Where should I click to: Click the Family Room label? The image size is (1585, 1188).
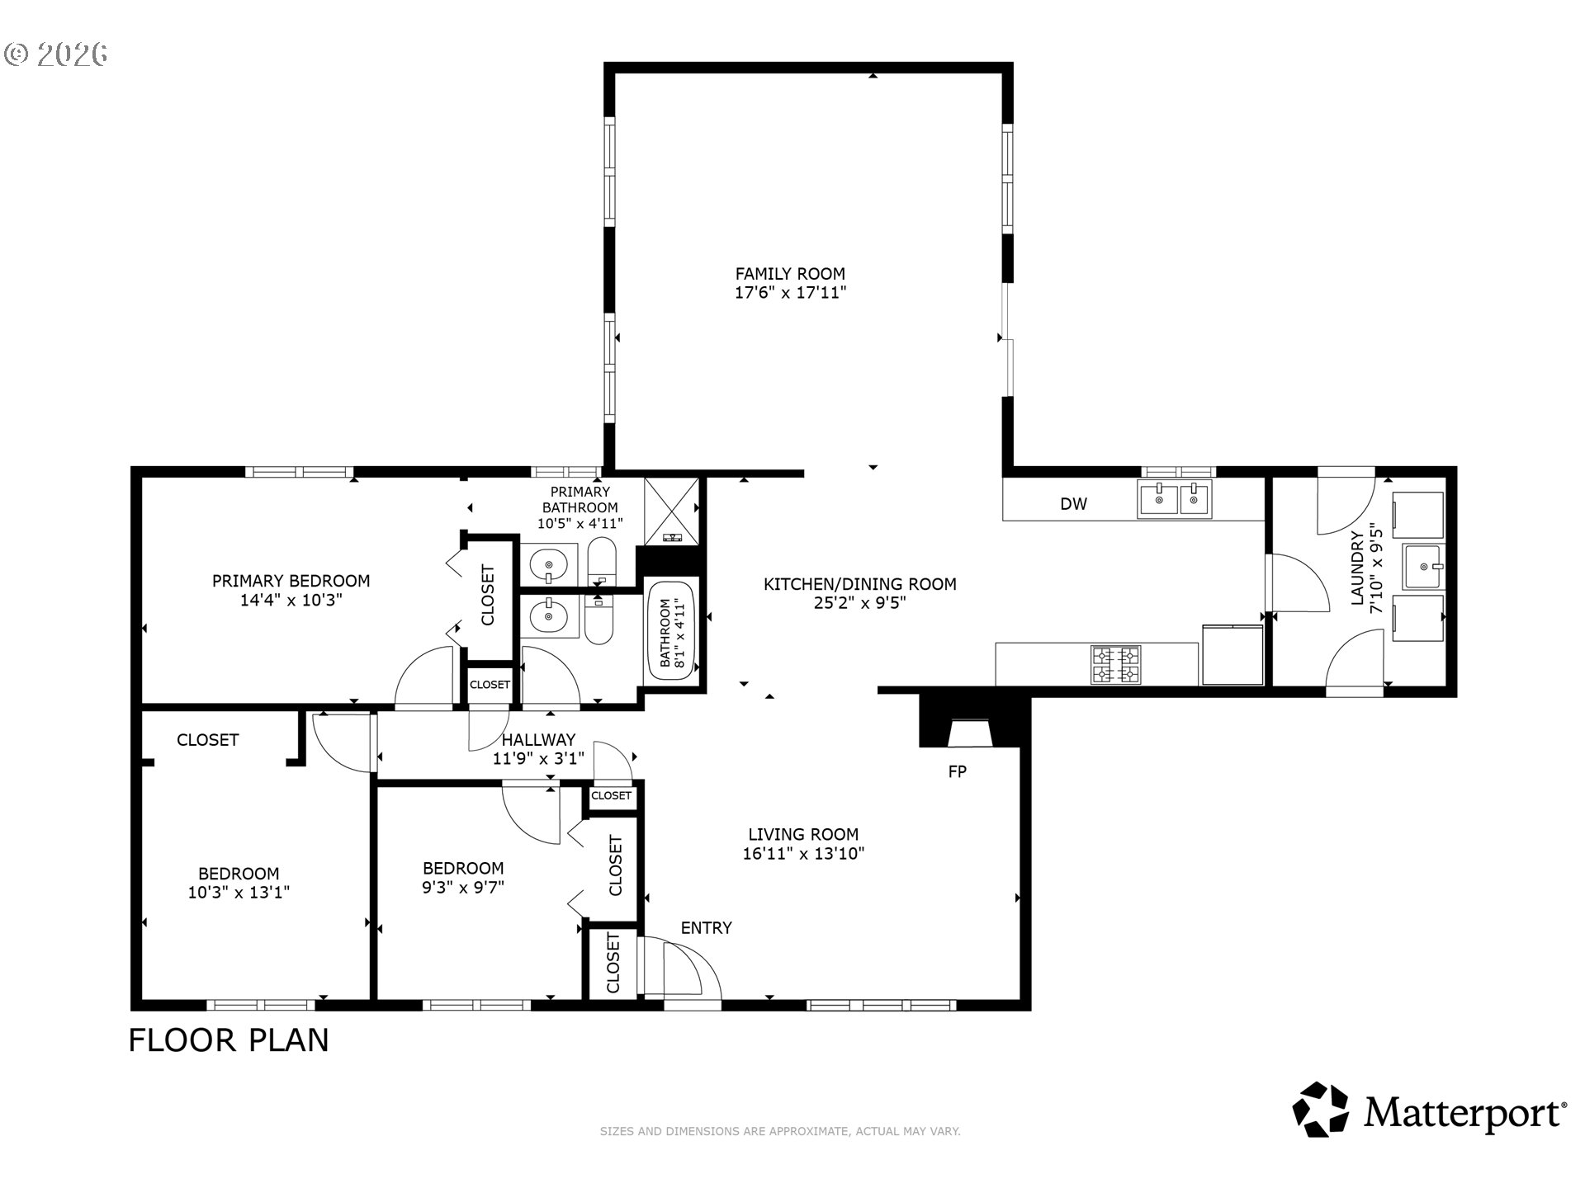790,273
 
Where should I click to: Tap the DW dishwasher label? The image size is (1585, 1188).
1073,503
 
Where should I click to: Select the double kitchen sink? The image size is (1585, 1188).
1175,499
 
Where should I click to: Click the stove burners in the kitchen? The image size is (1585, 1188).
1116,665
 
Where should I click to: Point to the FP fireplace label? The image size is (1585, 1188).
957,771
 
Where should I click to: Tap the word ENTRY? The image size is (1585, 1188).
706,927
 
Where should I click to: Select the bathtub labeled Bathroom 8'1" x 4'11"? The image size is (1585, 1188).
671,631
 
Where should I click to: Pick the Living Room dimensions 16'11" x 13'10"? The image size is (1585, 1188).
803,853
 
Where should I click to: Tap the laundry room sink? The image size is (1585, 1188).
1424,567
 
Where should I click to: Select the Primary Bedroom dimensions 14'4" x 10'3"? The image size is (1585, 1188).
291,600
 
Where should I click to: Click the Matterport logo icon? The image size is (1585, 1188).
1320,1110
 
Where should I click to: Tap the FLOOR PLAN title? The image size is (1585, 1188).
229,1040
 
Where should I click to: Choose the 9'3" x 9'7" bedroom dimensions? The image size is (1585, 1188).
462,887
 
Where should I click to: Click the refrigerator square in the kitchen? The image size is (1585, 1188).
1233,655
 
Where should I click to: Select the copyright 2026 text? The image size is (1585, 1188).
56,54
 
